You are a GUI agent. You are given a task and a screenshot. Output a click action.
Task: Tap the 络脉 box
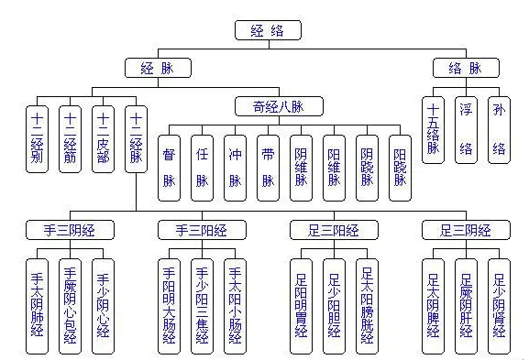[x=467, y=67]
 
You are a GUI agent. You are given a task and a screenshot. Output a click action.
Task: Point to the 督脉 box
[x=171, y=167]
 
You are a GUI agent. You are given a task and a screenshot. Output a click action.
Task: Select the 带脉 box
[x=268, y=167]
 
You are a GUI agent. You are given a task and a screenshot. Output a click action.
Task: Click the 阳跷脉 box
[x=399, y=167]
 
